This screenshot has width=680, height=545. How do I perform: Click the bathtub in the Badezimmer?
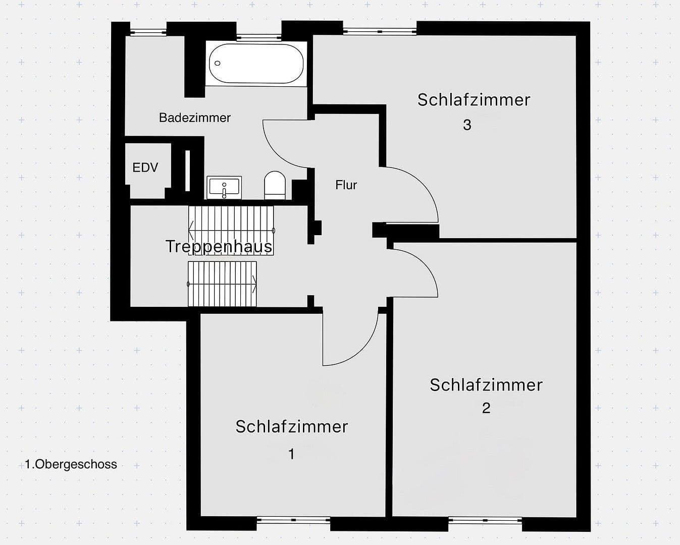point(256,64)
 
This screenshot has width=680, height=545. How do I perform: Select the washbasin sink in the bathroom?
point(224,188)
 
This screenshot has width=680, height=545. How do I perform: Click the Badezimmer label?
point(194,118)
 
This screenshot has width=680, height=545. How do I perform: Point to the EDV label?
point(145,168)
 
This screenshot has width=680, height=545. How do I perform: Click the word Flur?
point(346,185)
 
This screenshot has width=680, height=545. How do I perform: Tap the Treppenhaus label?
point(219,246)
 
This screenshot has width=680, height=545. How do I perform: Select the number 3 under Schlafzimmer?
point(467,125)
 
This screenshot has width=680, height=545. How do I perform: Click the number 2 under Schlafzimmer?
point(486,408)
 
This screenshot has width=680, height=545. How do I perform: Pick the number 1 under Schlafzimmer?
point(291,454)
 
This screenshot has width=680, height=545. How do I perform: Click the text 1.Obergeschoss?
point(71,464)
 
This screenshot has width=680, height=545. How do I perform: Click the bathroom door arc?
point(285,146)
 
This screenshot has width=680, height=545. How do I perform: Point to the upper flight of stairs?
point(231,230)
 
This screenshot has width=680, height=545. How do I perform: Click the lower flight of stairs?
point(222,284)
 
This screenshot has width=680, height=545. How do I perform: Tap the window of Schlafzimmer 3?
point(380,31)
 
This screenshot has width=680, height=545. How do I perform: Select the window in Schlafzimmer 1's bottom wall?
point(293,520)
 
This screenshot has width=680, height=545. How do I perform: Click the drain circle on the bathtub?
point(218,63)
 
